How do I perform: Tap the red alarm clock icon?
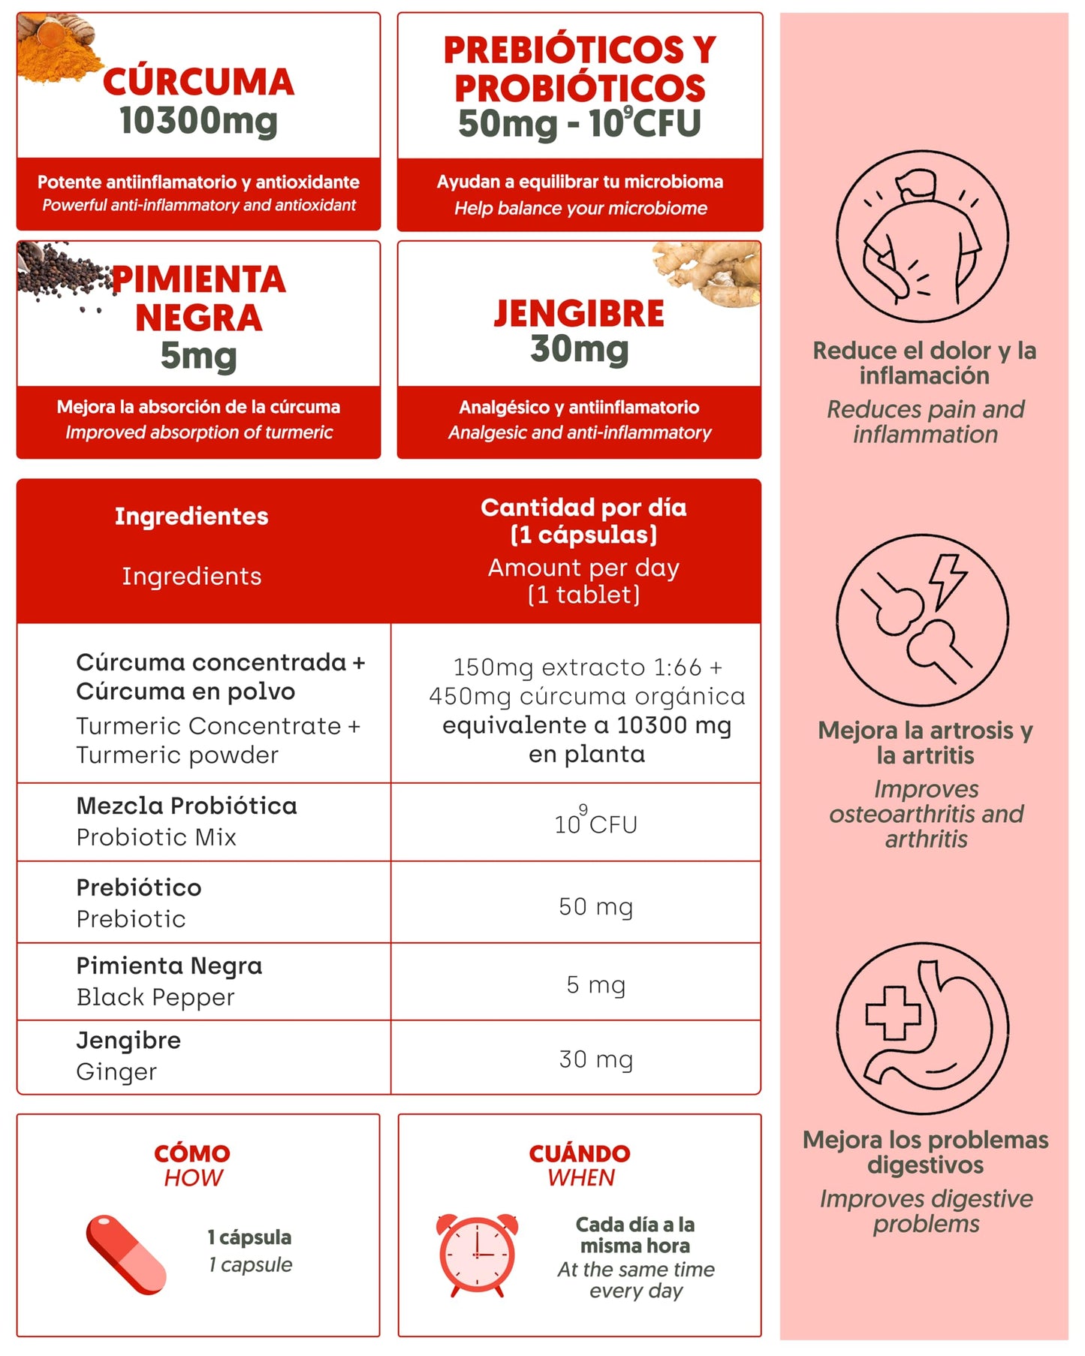[478, 1255]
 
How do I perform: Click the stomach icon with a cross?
[923, 1027]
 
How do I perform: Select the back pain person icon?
[923, 237]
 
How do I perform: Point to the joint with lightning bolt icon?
[923, 619]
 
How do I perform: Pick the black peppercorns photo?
[60, 274]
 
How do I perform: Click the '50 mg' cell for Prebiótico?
[595, 906]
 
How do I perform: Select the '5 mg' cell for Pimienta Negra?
[595, 984]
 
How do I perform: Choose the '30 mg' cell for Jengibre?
[595, 1059]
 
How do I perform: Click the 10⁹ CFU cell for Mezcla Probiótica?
[595, 823]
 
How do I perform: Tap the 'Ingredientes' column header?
[191, 517]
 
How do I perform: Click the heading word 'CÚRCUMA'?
[198, 82]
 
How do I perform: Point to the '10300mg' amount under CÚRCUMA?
[198, 120]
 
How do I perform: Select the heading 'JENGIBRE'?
[579, 313]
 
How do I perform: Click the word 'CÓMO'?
[192, 1153]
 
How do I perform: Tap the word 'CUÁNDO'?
[580, 1153]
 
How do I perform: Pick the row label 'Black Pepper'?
[155, 997]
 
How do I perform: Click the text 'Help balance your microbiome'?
[580, 208]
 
